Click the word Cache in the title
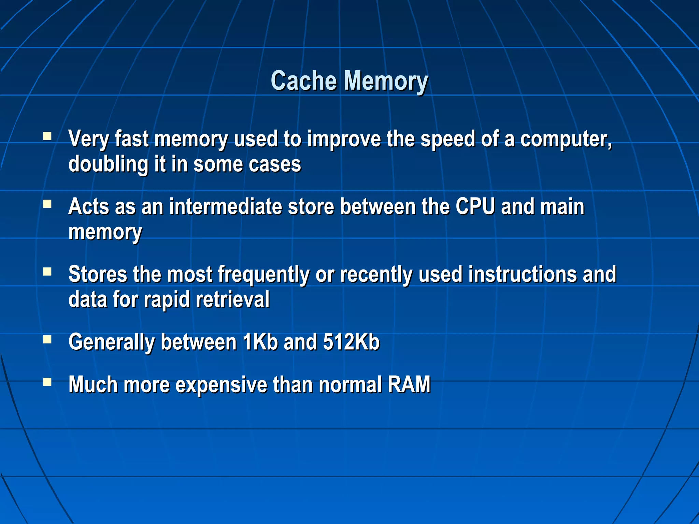(x=303, y=81)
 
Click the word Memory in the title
(x=385, y=82)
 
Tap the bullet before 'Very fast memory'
(x=47, y=137)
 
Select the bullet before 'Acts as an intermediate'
(x=47, y=204)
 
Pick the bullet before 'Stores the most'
(x=47, y=272)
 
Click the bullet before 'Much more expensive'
(x=47, y=382)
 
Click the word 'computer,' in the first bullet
(x=566, y=140)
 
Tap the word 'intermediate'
(x=226, y=207)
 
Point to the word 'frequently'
(x=263, y=275)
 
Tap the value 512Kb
(x=351, y=342)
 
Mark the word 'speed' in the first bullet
(x=447, y=140)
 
